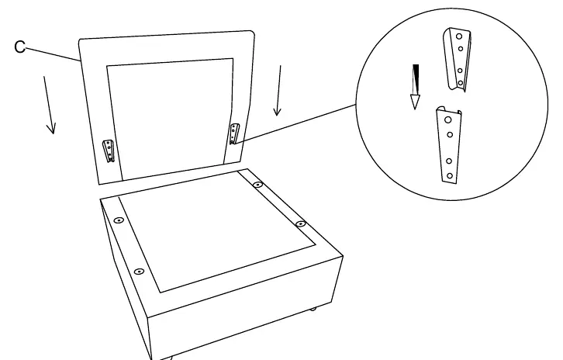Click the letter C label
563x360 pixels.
[x=20, y=47]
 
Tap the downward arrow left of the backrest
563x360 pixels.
[x=49, y=105]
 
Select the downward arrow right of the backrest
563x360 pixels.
[x=278, y=91]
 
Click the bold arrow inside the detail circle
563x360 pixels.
[x=416, y=87]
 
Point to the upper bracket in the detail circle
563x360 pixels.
[x=458, y=60]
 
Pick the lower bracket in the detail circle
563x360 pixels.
[x=449, y=145]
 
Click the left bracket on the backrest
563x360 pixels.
[x=109, y=151]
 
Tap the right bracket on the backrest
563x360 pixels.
[x=234, y=133]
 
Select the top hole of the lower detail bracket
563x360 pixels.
[x=448, y=119]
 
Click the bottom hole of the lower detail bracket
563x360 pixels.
[x=450, y=176]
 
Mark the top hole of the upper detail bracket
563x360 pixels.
[x=459, y=36]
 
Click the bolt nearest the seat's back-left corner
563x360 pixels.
[x=119, y=220]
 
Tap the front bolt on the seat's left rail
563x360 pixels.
[x=139, y=272]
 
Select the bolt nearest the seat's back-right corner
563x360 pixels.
[x=257, y=185]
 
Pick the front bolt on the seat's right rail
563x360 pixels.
[x=301, y=223]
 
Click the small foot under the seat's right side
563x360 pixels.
[x=313, y=309]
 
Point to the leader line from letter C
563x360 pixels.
[x=52, y=54]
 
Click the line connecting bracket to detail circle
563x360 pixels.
[x=295, y=124]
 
